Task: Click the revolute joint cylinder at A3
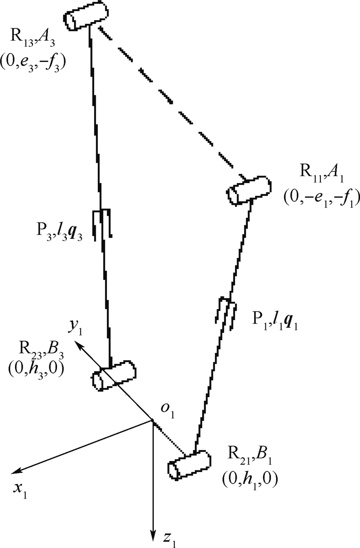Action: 86,16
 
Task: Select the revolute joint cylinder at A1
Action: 249,190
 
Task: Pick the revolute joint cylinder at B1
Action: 189,465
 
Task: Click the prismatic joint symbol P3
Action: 103,224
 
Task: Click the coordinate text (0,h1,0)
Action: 249,478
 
